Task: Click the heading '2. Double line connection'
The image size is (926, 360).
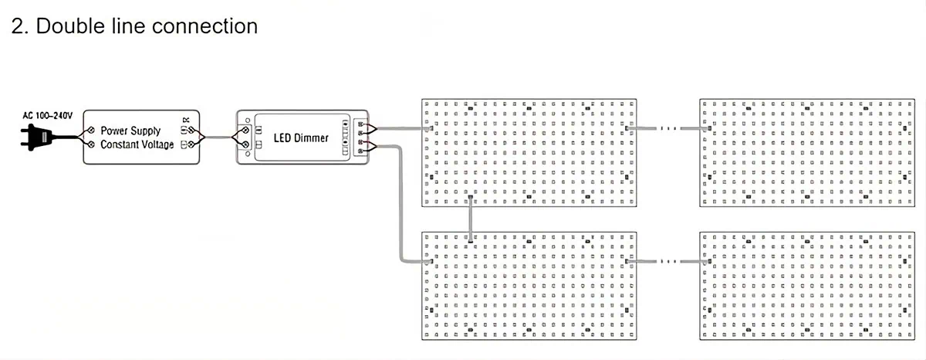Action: coord(134,25)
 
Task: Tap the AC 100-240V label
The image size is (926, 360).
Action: coord(47,115)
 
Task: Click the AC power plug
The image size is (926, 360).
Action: coord(35,137)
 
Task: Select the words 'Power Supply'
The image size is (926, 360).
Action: coord(130,131)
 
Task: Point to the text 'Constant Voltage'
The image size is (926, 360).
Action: coord(137,145)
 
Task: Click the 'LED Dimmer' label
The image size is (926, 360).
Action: coord(301,138)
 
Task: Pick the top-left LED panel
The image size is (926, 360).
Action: coord(529,152)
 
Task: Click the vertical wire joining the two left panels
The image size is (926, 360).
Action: coord(469,219)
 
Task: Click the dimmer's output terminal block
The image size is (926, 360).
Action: coord(360,138)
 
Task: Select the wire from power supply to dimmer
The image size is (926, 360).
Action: coord(220,138)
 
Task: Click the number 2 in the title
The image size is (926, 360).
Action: coord(18,25)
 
